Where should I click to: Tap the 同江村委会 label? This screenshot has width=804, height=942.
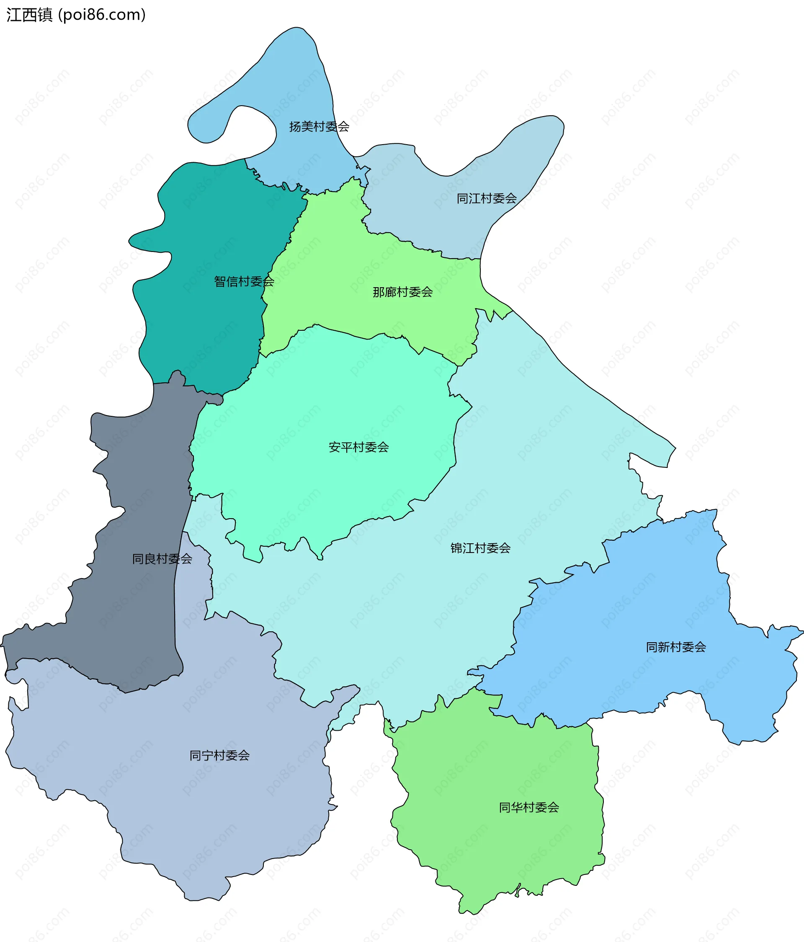487,199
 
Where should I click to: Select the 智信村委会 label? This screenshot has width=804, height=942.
244,282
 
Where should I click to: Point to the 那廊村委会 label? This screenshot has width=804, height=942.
402,292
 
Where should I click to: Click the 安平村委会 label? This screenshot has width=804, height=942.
358,447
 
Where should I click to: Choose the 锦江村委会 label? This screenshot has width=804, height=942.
480,548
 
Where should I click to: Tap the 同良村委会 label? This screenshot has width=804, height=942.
162,559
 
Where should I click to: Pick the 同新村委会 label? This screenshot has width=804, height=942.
676,647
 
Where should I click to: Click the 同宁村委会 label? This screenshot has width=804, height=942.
219,755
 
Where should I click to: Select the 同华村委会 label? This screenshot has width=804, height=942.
529,807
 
